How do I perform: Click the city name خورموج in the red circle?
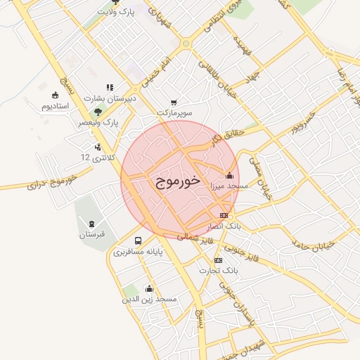[x=177, y=181]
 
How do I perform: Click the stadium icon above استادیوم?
[x=55, y=95]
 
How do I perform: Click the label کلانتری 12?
[x=96, y=156]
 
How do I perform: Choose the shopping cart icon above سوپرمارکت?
[x=174, y=102]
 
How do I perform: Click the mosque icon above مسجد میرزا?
[x=229, y=175]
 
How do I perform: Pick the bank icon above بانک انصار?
[x=224, y=215]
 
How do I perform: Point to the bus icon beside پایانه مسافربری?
[x=137, y=240]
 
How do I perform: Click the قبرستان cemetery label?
[x=91, y=233]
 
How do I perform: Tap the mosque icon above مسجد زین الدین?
[x=149, y=288]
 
